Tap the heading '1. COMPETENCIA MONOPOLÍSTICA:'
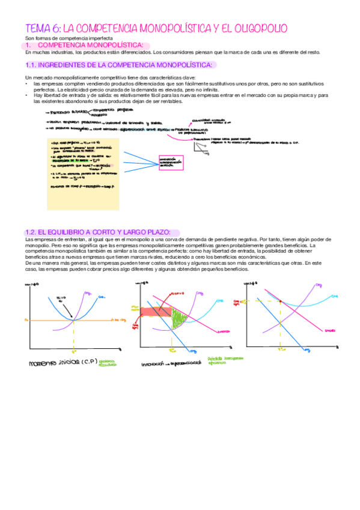(90, 46)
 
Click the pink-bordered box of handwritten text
(169, 162)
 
